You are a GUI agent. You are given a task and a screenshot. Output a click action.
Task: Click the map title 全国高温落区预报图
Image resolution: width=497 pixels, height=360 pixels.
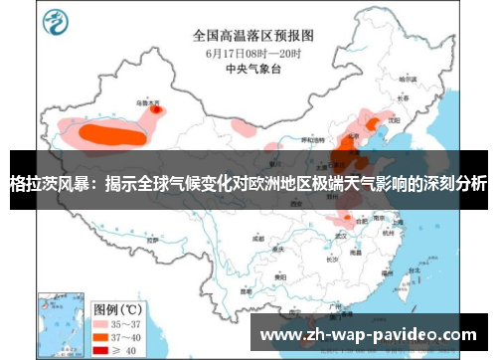[x=248, y=34]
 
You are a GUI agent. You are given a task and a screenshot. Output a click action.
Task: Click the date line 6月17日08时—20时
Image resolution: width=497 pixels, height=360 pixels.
[x=248, y=52]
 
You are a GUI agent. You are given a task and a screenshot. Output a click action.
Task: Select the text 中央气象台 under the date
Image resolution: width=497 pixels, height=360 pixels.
[x=248, y=69]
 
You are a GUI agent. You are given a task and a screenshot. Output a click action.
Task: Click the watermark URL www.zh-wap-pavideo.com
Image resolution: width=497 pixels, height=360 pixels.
[x=368, y=336]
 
